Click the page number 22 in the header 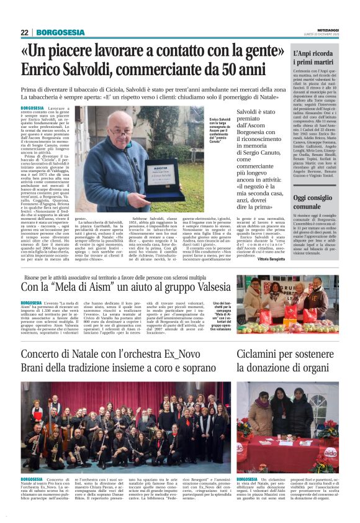click(x=24, y=32)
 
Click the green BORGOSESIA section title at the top click(x=60, y=32)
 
